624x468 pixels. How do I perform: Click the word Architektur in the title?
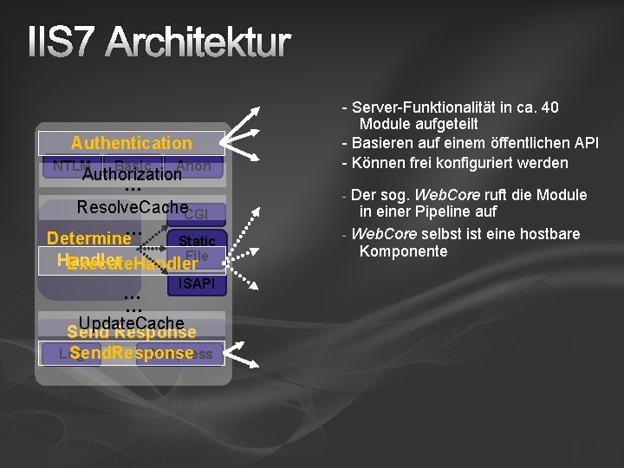pyautogui.click(x=200, y=43)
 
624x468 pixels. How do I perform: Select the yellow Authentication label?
pyautogui.click(x=131, y=143)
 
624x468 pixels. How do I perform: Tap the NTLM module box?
pyautogui.click(x=69, y=166)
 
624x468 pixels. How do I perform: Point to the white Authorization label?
pyautogui.click(x=132, y=174)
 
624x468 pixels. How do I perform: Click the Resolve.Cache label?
pyautogui.click(x=132, y=207)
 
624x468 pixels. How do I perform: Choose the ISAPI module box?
pyautogui.click(x=197, y=284)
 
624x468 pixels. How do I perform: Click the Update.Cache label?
pyautogui.click(x=131, y=323)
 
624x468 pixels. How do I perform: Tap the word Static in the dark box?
pyautogui.click(x=197, y=240)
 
